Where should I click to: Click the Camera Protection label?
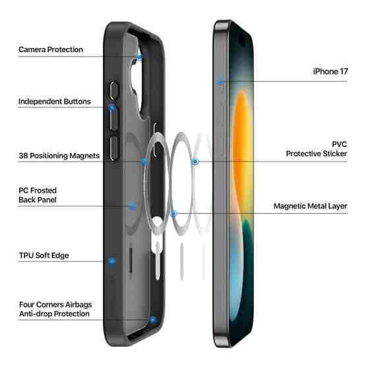[51, 49]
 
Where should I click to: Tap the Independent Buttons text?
[54, 102]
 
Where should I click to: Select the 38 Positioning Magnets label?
[59, 156]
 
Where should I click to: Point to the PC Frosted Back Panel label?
[38, 195]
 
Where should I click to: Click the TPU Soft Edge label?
[44, 255]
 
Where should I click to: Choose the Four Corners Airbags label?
[55, 305]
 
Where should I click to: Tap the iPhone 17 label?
[330, 71]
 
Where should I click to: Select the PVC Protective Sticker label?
[317, 149]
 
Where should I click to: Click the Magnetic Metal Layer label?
[311, 206]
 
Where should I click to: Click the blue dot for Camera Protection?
[140, 57]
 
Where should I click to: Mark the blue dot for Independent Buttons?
[112, 108]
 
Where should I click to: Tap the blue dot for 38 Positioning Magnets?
[144, 162]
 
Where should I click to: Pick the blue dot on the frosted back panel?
[132, 206]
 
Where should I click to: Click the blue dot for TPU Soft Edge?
[112, 261]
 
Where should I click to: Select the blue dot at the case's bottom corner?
[153, 320]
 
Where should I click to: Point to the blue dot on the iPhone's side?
[220, 82]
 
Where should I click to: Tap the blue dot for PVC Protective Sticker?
[195, 162]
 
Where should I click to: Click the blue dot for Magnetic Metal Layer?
[173, 214]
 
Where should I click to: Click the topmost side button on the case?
[113, 90]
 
